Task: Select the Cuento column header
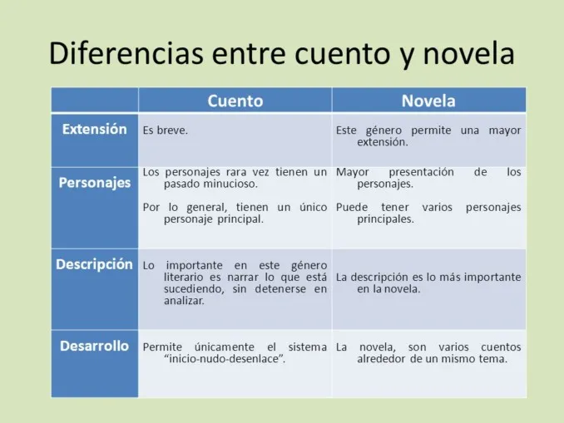tap(235, 101)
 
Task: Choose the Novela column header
tap(428, 101)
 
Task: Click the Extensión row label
tap(94, 130)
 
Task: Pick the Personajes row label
tap(94, 182)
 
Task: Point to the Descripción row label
tap(94, 264)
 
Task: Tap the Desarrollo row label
tap(94, 346)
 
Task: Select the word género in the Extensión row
tap(387, 130)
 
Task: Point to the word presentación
tap(421, 172)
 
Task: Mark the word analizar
tap(184, 300)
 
